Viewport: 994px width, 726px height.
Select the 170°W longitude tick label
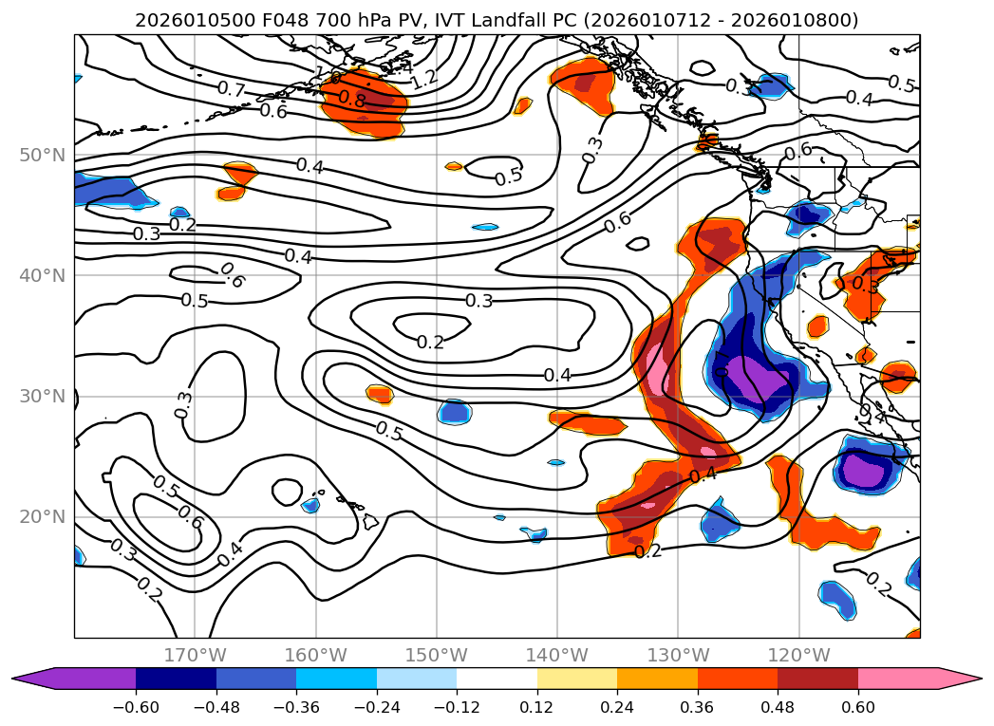(x=195, y=655)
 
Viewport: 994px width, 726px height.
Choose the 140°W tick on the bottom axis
(x=557, y=655)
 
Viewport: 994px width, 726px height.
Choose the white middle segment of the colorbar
(x=497, y=679)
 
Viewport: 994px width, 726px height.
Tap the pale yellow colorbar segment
(x=577, y=679)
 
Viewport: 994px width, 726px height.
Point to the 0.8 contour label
(x=352, y=99)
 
